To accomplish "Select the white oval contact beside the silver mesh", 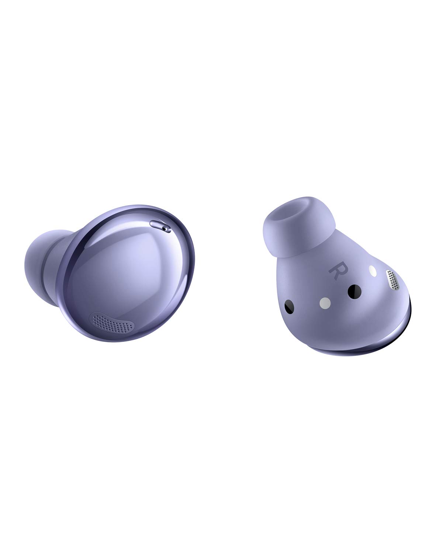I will (x=373, y=271).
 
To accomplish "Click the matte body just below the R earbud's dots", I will (x=332, y=332).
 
